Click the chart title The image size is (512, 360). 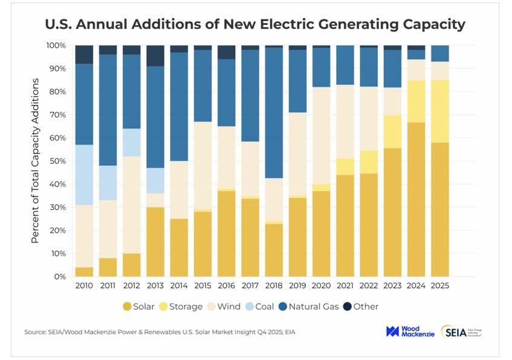tap(256, 25)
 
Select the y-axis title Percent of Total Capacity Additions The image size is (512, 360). tap(35, 162)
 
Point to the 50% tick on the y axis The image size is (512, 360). tap(59, 161)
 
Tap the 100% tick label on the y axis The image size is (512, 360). tap(57, 45)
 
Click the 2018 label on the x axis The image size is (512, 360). tap(274, 285)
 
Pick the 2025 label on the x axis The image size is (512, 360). tap(440, 285)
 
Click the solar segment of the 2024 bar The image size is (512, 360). tap(416, 200)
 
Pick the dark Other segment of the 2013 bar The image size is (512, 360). tap(155, 56)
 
